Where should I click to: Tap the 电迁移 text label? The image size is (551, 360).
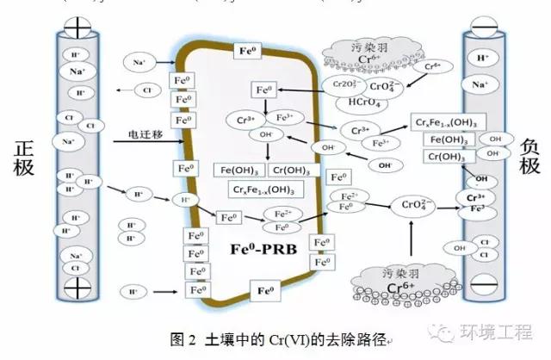click(146, 134)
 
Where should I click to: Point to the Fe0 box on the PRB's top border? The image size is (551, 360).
click(247, 51)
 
